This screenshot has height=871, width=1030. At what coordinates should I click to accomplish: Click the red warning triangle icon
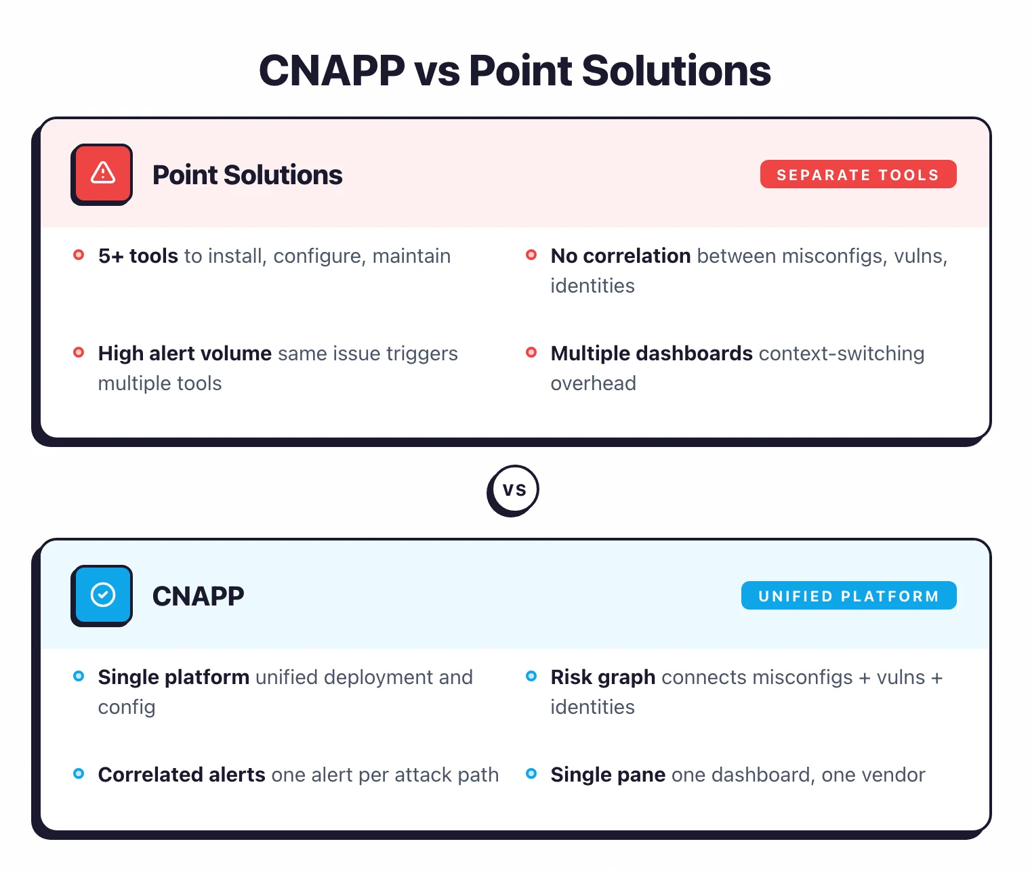(102, 174)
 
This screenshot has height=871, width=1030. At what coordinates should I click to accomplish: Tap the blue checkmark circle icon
(102, 595)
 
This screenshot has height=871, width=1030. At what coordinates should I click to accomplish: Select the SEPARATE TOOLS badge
(858, 175)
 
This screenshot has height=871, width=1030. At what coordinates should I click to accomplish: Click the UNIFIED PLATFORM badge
(848, 596)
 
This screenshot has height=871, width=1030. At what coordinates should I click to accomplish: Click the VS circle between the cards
(514, 490)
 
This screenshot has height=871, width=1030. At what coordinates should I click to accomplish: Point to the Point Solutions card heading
(247, 175)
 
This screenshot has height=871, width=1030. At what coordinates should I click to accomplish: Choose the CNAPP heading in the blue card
(198, 597)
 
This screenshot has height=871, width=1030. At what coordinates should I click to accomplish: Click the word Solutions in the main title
(676, 71)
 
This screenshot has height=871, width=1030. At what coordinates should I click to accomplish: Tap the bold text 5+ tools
(138, 256)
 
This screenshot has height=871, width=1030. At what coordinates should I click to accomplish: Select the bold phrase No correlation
(620, 256)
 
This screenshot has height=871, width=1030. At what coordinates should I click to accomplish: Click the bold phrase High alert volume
(184, 354)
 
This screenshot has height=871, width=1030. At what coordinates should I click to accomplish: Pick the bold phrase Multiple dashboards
(651, 354)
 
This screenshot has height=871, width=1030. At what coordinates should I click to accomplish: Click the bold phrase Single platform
(173, 677)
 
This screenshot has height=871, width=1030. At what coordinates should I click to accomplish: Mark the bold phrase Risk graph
(602, 677)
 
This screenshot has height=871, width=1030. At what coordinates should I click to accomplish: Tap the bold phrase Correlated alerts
(182, 775)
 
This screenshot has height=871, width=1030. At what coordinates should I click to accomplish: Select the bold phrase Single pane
(608, 775)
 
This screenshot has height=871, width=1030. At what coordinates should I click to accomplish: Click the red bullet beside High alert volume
(79, 352)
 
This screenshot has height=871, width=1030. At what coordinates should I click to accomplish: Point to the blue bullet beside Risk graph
(531, 676)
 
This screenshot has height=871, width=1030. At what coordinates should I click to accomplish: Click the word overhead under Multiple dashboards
(593, 383)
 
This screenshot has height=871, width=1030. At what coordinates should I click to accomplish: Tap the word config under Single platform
(127, 707)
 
